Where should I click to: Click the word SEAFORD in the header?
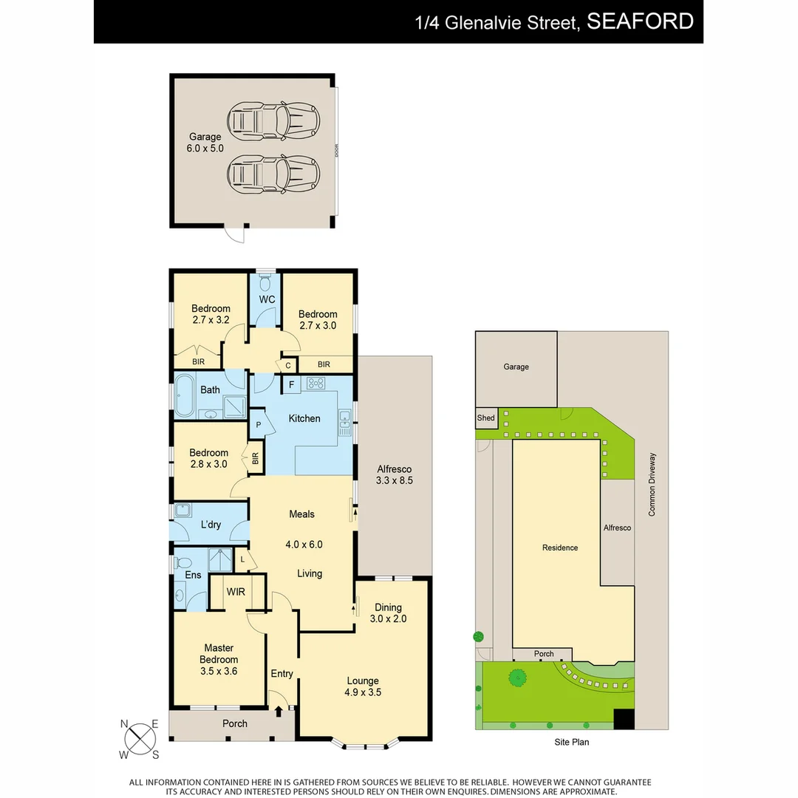pos(640,21)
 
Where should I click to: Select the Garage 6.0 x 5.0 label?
pos(205,143)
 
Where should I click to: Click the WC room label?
pos(267,299)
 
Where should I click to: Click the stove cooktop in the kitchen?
pos(316,383)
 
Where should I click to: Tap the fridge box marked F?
pos(291,384)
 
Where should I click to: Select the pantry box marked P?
pos(259,425)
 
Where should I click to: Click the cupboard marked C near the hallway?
pos(287,365)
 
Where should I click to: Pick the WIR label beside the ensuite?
pos(236,592)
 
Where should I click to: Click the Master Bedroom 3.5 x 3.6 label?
pos(219,660)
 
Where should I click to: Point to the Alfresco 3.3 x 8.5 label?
pos(394,474)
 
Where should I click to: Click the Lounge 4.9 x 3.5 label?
pos(362,686)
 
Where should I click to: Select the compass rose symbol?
pos(140,738)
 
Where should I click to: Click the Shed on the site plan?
pos(485,418)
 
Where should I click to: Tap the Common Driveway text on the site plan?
pos(652,484)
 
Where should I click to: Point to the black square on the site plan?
pos(624,719)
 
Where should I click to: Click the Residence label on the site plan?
pos(559,548)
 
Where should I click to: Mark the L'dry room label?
pos(211,525)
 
